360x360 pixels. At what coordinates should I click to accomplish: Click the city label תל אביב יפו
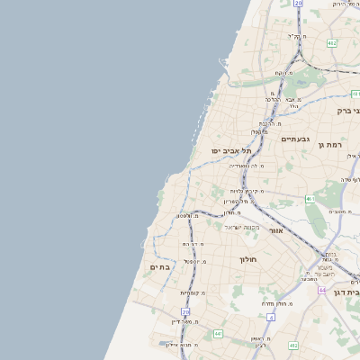[230, 150]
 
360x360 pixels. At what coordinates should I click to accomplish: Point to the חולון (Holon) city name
[248, 259]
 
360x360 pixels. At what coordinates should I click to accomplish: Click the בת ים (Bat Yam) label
[159, 267]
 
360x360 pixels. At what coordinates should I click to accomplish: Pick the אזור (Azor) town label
[276, 231]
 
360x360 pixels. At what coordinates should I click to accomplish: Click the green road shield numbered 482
[332, 42]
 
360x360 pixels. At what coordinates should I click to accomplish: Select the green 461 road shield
[309, 199]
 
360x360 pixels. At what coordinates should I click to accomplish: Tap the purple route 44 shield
[322, 291]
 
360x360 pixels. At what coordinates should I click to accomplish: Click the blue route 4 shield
[271, 317]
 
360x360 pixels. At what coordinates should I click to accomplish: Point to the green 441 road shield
[218, 334]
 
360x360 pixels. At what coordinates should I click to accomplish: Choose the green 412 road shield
[293, 345]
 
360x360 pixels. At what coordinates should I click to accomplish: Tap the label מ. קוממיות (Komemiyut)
[193, 292]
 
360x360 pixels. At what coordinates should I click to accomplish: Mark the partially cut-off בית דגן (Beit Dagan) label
[346, 292]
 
